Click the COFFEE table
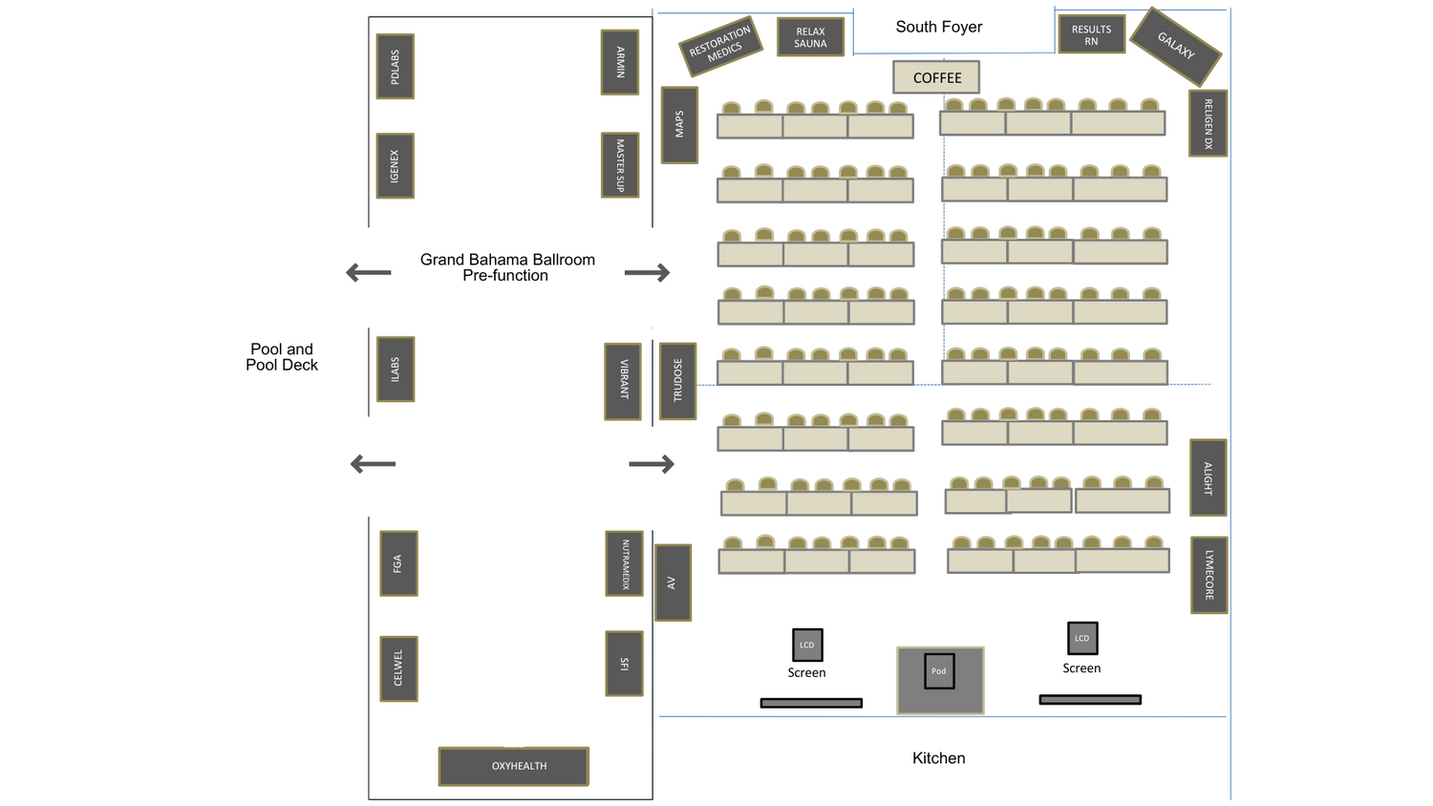pyautogui.click(x=936, y=77)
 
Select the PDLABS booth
pyautogui.click(x=395, y=67)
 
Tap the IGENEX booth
pyautogui.click(x=395, y=165)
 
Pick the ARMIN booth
pyautogui.click(x=619, y=62)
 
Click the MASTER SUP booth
pyautogui.click(x=619, y=165)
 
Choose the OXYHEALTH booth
pyautogui.click(x=514, y=766)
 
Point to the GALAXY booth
pyautogui.click(x=1175, y=46)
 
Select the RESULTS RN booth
pyautogui.click(x=1091, y=34)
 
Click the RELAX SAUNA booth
pyautogui.click(x=810, y=37)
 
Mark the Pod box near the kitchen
pyautogui.click(x=939, y=671)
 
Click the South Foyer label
pyautogui.click(x=938, y=27)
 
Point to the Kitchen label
pyautogui.click(x=938, y=758)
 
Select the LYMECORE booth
pyautogui.click(x=1208, y=574)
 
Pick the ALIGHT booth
pyautogui.click(x=1208, y=477)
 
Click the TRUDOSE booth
pyautogui.click(x=677, y=380)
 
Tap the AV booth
pyautogui.click(x=672, y=583)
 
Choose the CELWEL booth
pyautogui.click(x=398, y=668)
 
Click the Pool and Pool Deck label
pyautogui.click(x=282, y=357)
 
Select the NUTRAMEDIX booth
pyautogui.click(x=625, y=563)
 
